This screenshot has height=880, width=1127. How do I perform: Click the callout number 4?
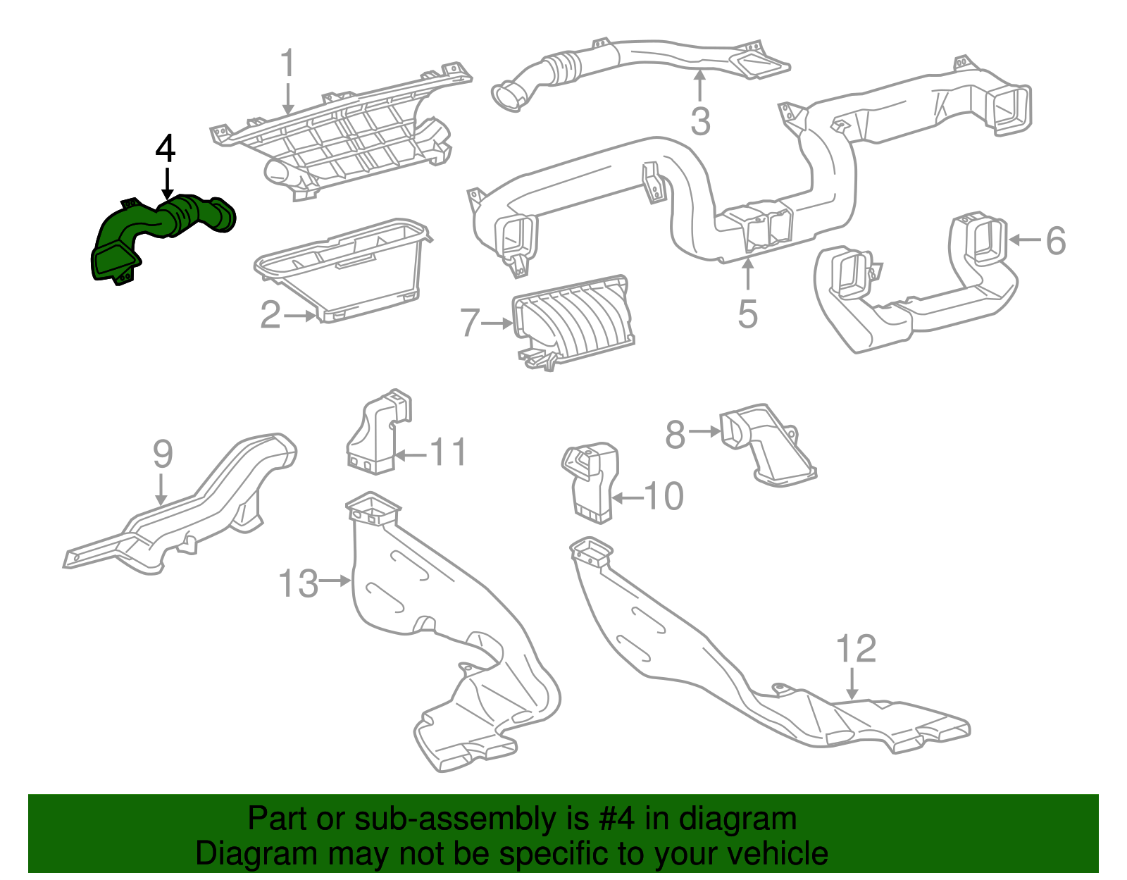point(166,149)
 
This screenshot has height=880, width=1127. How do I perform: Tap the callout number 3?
point(700,120)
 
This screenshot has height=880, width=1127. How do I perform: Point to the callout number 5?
point(747,314)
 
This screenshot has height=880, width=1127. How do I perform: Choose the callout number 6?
point(1055,241)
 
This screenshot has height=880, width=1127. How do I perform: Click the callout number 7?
point(470,323)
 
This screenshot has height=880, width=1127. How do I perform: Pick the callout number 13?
point(299,583)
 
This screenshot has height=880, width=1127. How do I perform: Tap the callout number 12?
point(856,649)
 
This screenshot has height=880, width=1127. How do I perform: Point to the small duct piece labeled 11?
point(378,431)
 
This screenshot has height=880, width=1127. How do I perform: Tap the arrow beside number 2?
point(301,316)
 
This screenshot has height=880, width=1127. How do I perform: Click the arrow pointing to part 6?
point(1025,240)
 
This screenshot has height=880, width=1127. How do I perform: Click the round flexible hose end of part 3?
point(509,97)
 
